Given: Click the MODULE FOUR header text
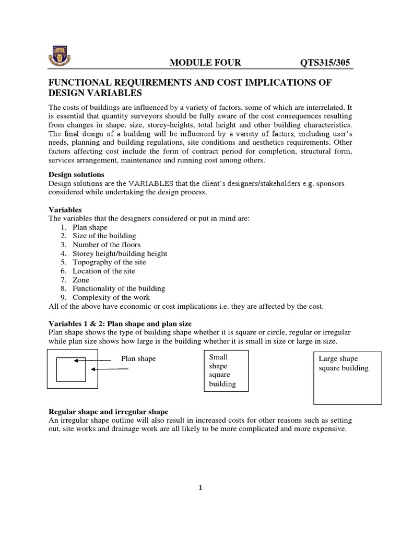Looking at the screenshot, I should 205,63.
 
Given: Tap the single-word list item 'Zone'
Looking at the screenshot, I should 81,280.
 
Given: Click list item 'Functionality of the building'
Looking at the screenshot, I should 119,288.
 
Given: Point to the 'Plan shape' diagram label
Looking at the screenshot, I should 138,359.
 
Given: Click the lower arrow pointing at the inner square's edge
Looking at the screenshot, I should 110,369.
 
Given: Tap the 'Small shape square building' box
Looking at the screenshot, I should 226,370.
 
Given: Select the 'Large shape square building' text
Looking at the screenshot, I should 343,364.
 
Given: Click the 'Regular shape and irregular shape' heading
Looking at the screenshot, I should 108,411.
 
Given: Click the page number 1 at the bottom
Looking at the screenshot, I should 200,488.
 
